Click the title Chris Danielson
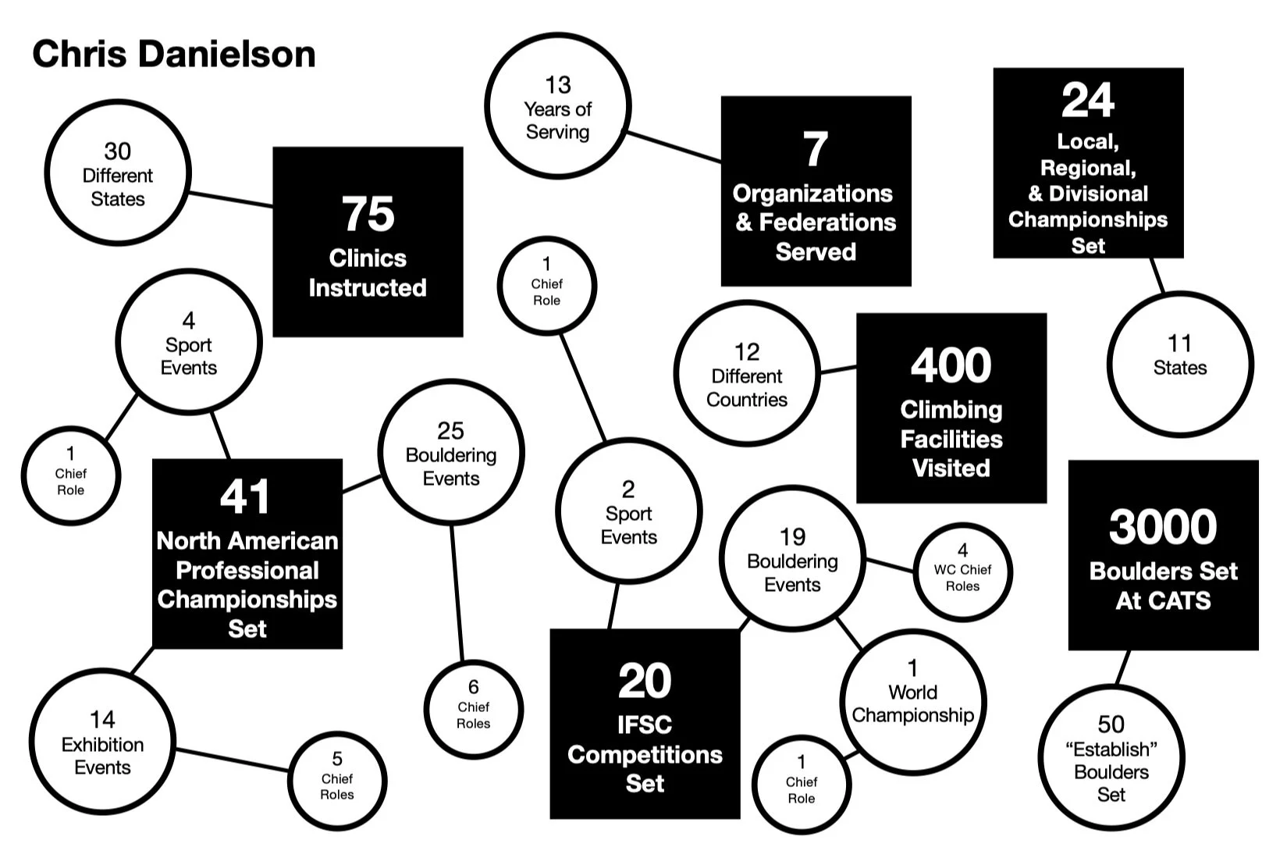coord(174,55)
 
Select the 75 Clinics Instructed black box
coord(368,242)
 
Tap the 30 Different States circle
coord(118,173)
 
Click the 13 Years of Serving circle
coord(557,106)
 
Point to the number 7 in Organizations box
coord(816,149)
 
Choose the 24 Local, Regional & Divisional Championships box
coord(1088,163)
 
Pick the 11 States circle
coord(1179,364)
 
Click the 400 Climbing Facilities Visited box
coord(951,408)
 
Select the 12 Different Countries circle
coord(747,374)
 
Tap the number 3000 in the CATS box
coord(1163,527)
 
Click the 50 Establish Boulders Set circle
coord(1111,757)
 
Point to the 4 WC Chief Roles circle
coord(962,571)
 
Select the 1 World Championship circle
coord(912,702)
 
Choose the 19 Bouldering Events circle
coord(792,557)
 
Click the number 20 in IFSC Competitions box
coord(645,682)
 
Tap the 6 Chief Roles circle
coord(473,709)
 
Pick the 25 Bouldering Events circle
coord(451,453)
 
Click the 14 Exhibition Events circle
coord(102,741)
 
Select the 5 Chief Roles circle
coord(337,779)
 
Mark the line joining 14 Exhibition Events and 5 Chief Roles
coord(232,760)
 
